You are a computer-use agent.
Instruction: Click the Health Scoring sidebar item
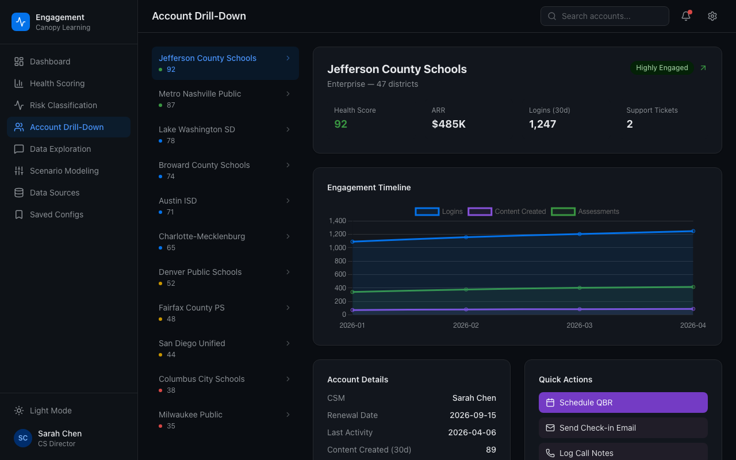tap(57, 83)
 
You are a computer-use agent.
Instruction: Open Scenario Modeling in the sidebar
tap(64, 171)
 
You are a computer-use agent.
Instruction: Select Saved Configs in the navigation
tap(56, 214)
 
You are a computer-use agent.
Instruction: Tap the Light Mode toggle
tap(51, 411)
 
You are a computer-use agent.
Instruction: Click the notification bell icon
tap(686, 16)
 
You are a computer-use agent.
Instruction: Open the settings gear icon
tap(712, 16)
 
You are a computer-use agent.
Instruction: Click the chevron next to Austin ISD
tap(288, 201)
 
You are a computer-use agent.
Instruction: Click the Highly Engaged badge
tap(662, 68)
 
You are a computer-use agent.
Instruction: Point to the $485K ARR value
tap(448, 124)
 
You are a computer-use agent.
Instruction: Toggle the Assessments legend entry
tap(585, 212)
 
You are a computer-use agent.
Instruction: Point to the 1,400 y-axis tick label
tap(338, 221)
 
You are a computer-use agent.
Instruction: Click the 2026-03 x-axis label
tap(579, 325)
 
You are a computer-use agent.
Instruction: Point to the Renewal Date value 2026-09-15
tap(473, 415)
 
